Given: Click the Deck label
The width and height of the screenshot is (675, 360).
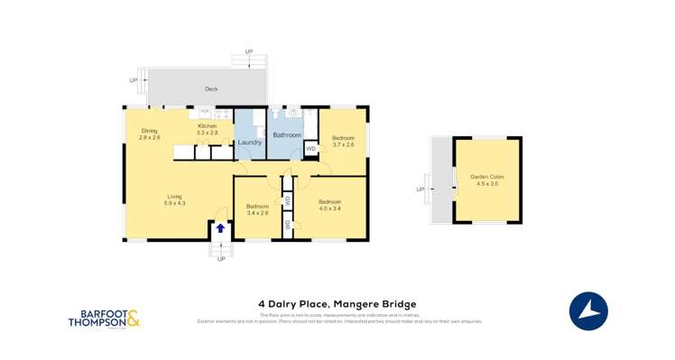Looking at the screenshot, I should click(211, 89).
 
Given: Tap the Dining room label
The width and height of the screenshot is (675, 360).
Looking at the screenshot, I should click(149, 134).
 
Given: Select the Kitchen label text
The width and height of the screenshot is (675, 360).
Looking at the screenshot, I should click(208, 129).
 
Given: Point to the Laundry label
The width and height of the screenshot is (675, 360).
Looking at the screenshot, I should click(250, 143).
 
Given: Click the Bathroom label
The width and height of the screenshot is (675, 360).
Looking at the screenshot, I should click(287, 134).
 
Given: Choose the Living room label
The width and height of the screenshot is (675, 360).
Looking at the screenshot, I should click(174, 199).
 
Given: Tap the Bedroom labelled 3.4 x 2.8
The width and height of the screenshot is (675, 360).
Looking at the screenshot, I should click(258, 209).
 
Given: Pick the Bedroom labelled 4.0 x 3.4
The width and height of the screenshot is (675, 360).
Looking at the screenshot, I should click(329, 204).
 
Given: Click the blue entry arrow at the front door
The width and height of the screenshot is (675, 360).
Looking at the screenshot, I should click(219, 228).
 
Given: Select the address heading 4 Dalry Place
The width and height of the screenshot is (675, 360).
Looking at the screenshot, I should click(337, 304).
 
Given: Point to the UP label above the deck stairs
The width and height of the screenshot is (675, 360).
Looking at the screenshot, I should click(249, 52).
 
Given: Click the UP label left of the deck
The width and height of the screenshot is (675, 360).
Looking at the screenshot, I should click(133, 80).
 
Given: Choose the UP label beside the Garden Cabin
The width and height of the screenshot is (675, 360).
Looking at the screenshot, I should click(420, 189).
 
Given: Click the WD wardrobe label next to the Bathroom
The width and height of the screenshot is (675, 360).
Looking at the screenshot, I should click(310, 148).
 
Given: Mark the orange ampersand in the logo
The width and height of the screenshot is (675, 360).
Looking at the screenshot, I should click(133, 318).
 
